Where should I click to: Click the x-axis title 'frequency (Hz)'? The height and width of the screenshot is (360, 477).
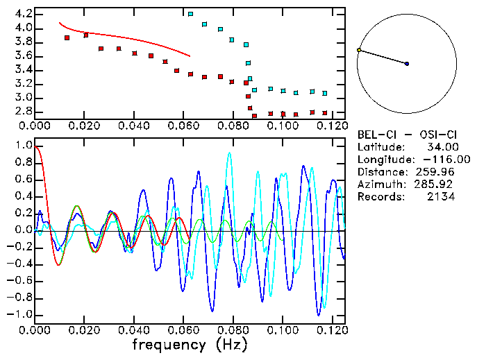pyautogui.click(x=190, y=345)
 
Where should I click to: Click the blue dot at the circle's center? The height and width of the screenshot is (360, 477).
pyautogui.click(x=407, y=64)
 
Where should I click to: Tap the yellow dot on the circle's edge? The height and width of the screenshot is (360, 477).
pyautogui.click(x=359, y=50)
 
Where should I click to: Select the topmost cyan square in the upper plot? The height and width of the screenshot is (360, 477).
pyautogui.click(x=191, y=14)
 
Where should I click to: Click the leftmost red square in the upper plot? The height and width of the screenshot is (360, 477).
pyautogui.click(x=67, y=37)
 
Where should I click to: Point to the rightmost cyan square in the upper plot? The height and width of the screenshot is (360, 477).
pyautogui.click(x=324, y=93)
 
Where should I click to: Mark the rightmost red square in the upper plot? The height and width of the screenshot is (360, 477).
pyautogui.click(x=324, y=112)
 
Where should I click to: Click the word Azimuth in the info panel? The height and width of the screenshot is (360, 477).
pyautogui.click(x=379, y=185)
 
